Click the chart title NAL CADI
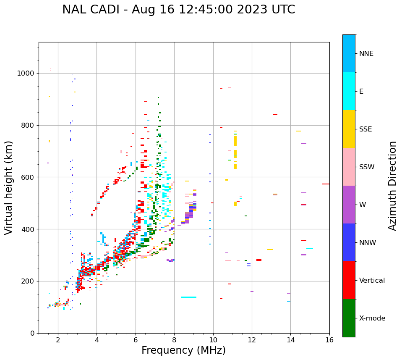[x=178, y=10]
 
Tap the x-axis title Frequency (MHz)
[x=183, y=350]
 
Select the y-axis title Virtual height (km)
[x=9, y=188]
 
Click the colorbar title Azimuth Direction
[x=392, y=186]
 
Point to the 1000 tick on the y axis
[x=27, y=73]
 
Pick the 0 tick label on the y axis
[x=33, y=333]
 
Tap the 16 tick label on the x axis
[x=329, y=340]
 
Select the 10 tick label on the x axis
[x=213, y=340]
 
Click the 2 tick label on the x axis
[x=58, y=340]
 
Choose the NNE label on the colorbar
[x=366, y=54]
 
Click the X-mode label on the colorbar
[x=372, y=318]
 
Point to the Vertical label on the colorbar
[x=372, y=281]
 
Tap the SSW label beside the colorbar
[x=367, y=167]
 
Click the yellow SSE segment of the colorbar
[x=349, y=129]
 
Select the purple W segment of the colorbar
[x=349, y=205]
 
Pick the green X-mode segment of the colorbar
[x=349, y=318]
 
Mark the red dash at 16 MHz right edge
[x=326, y=184]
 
